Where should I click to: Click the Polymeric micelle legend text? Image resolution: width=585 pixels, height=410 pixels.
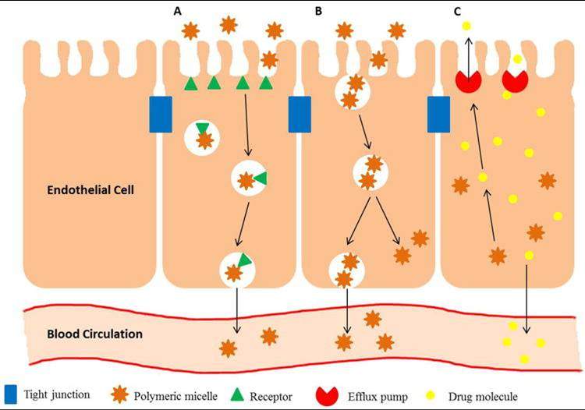[x=176, y=395]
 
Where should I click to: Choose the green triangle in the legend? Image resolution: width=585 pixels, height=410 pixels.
[x=237, y=394]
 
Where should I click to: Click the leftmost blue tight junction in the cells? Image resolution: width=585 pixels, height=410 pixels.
[x=160, y=114]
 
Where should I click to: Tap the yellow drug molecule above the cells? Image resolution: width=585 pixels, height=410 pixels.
[x=466, y=27]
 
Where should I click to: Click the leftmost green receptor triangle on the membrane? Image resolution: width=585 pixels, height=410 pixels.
[x=190, y=83]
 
